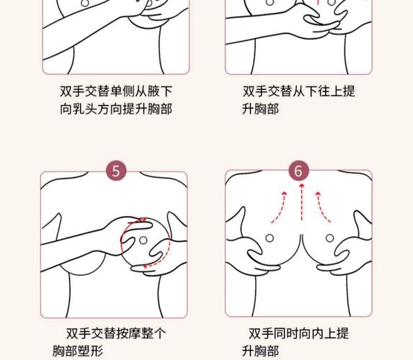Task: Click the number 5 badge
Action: pos(116,171)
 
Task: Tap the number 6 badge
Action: pos(299,171)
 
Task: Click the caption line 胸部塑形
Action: pos(77,351)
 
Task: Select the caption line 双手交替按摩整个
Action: pos(115,333)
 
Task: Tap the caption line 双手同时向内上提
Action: pos(298,333)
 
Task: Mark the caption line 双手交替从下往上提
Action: pos(298,91)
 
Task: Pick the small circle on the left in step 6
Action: pos(269,238)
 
